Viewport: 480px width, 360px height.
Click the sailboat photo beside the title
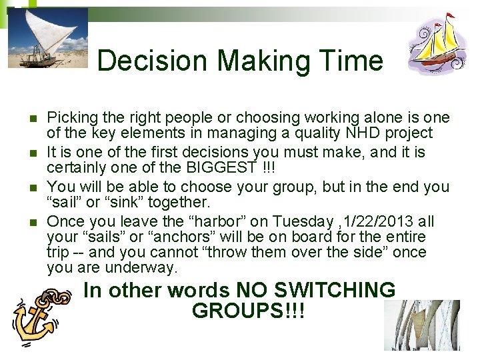47,37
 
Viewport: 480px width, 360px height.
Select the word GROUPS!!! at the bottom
248,311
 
